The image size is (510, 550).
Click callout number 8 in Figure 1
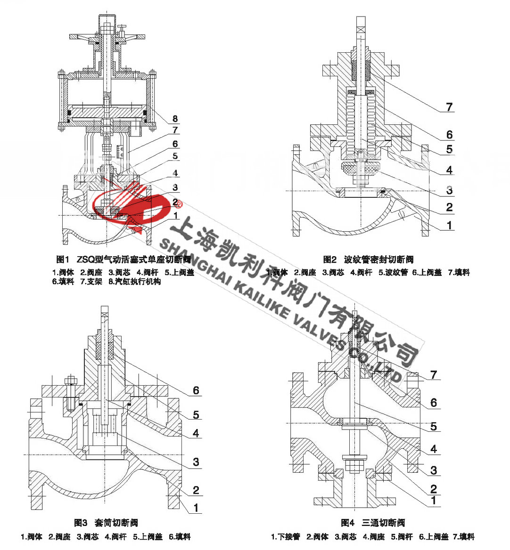[175, 118]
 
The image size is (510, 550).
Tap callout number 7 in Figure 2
[449, 107]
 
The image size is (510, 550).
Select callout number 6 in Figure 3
[196, 390]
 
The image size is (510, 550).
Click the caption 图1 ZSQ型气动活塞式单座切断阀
[123, 259]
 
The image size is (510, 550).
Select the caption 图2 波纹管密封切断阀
[368, 259]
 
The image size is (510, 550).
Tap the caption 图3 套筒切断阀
[106, 523]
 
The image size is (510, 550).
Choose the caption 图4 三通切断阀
[372, 523]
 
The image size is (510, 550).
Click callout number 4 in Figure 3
[196, 433]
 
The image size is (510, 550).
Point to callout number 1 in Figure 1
[175, 215]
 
